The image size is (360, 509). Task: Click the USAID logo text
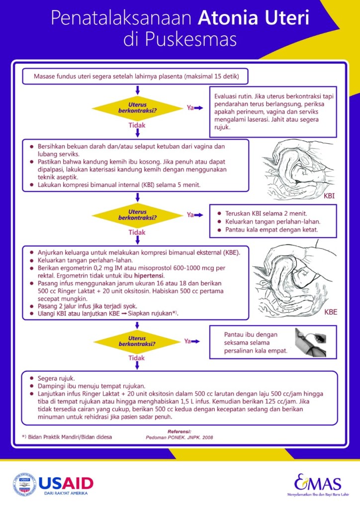point(66,483)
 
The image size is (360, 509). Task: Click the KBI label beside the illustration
point(329,196)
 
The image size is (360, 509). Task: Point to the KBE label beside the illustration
point(331,313)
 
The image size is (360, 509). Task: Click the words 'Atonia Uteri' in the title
point(253,19)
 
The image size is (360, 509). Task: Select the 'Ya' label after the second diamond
point(190,215)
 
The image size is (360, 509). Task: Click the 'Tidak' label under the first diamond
point(137,125)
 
